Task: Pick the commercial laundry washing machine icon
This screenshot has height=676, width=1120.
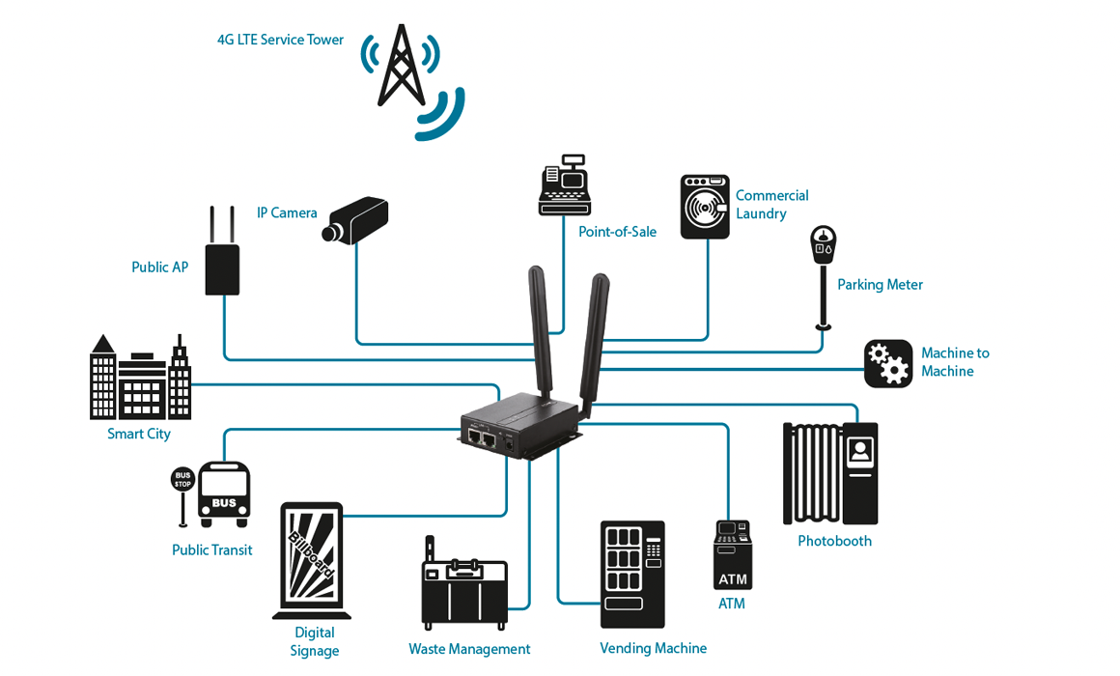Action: [705, 207]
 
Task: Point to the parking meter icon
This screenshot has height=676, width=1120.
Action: [823, 275]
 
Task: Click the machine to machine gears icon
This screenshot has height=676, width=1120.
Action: [887, 364]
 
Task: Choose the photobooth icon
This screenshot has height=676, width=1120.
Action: [829, 473]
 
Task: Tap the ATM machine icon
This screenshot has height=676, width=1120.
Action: [733, 555]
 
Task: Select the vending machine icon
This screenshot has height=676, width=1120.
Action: [632, 575]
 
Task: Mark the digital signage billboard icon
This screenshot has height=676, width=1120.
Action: [312, 560]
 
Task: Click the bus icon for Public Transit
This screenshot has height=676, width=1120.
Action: [224, 494]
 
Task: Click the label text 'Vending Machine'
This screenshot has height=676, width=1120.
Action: [653, 648]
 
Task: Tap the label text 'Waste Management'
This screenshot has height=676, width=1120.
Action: [469, 649]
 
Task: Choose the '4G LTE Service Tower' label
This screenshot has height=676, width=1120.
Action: [280, 40]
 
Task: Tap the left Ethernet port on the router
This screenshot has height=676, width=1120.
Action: [475, 437]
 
